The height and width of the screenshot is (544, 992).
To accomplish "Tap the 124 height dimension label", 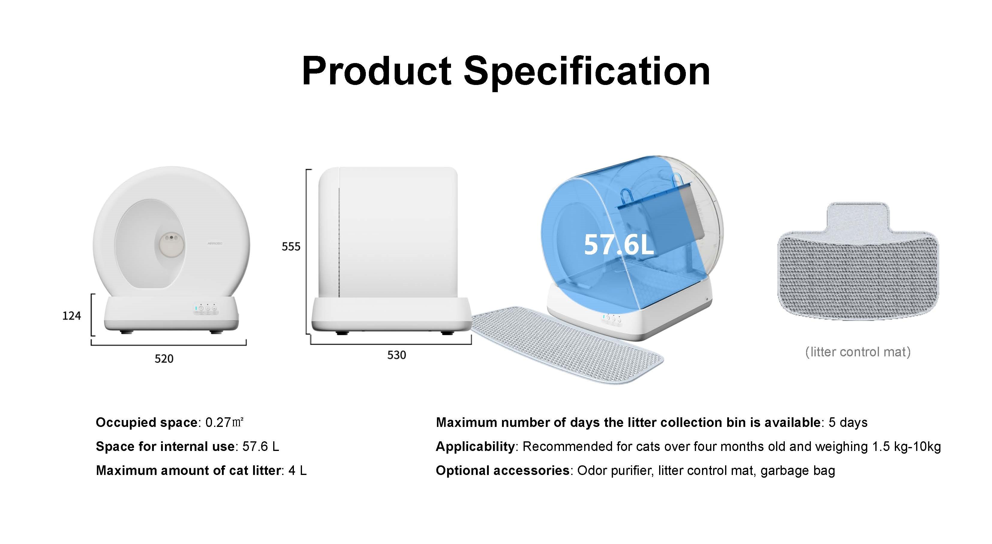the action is click(72, 316).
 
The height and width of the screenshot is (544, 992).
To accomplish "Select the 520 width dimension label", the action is click(164, 359).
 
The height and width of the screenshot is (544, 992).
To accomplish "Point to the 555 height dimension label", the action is click(291, 247).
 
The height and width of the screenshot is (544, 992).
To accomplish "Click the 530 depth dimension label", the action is click(397, 355).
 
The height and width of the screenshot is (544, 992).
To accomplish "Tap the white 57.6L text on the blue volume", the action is click(619, 244).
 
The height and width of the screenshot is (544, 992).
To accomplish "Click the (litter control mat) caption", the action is click(858, 352).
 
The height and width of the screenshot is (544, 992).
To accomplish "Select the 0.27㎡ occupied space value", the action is click(225, 422).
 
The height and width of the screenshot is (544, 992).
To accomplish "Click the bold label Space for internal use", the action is click(165, 446).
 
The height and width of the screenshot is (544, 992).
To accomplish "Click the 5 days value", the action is click(848, 422).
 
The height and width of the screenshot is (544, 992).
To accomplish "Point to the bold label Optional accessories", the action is click(503, 471).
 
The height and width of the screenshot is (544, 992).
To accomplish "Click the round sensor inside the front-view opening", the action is click(170, 245).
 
